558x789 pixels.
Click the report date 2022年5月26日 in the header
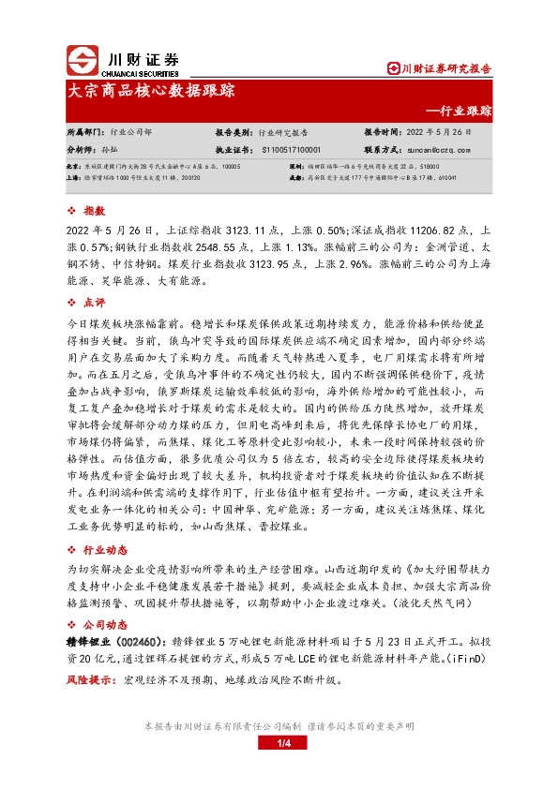click(x=445, y=133)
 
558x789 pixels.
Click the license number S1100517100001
click(x=292, y=149)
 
